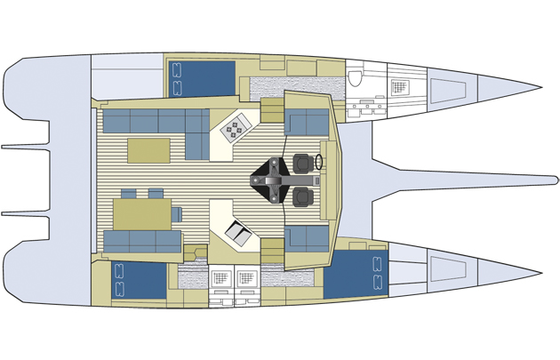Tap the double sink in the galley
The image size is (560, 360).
tap(238, 233)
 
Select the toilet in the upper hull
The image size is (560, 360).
tap(357, 79)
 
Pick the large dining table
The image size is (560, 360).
tap(142, 213)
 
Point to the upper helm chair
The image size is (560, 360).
tap(304, 164)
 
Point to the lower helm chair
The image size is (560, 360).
tap(304, 196)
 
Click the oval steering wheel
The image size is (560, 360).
tap(319, 164)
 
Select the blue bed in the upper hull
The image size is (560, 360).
tap(202, 76)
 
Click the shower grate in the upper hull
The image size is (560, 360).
tap(399, 85)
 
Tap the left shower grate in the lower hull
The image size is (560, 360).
tap(220, 277)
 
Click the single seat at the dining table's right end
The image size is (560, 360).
tap(176, 213)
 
